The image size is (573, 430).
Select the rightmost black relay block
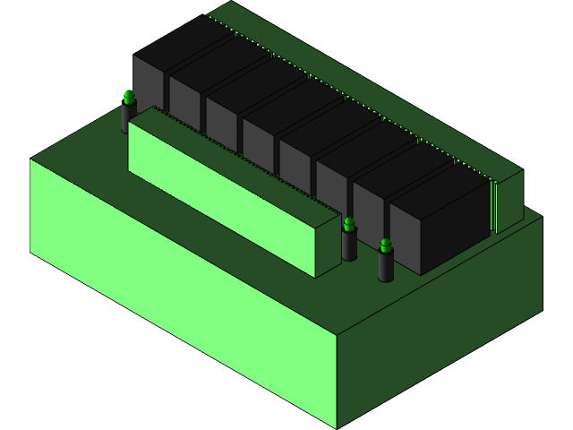click(x=439, y=215)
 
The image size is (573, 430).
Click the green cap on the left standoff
click(x=129, y=97)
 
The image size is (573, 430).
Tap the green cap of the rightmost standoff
click(x=386, y=245)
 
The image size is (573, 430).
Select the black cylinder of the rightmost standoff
click(x=386, y=267)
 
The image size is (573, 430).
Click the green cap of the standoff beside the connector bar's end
click(x=349, y=223)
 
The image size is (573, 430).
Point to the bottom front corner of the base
click(x=337, y=426)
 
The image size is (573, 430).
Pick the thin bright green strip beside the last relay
click(x=493, y=208)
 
